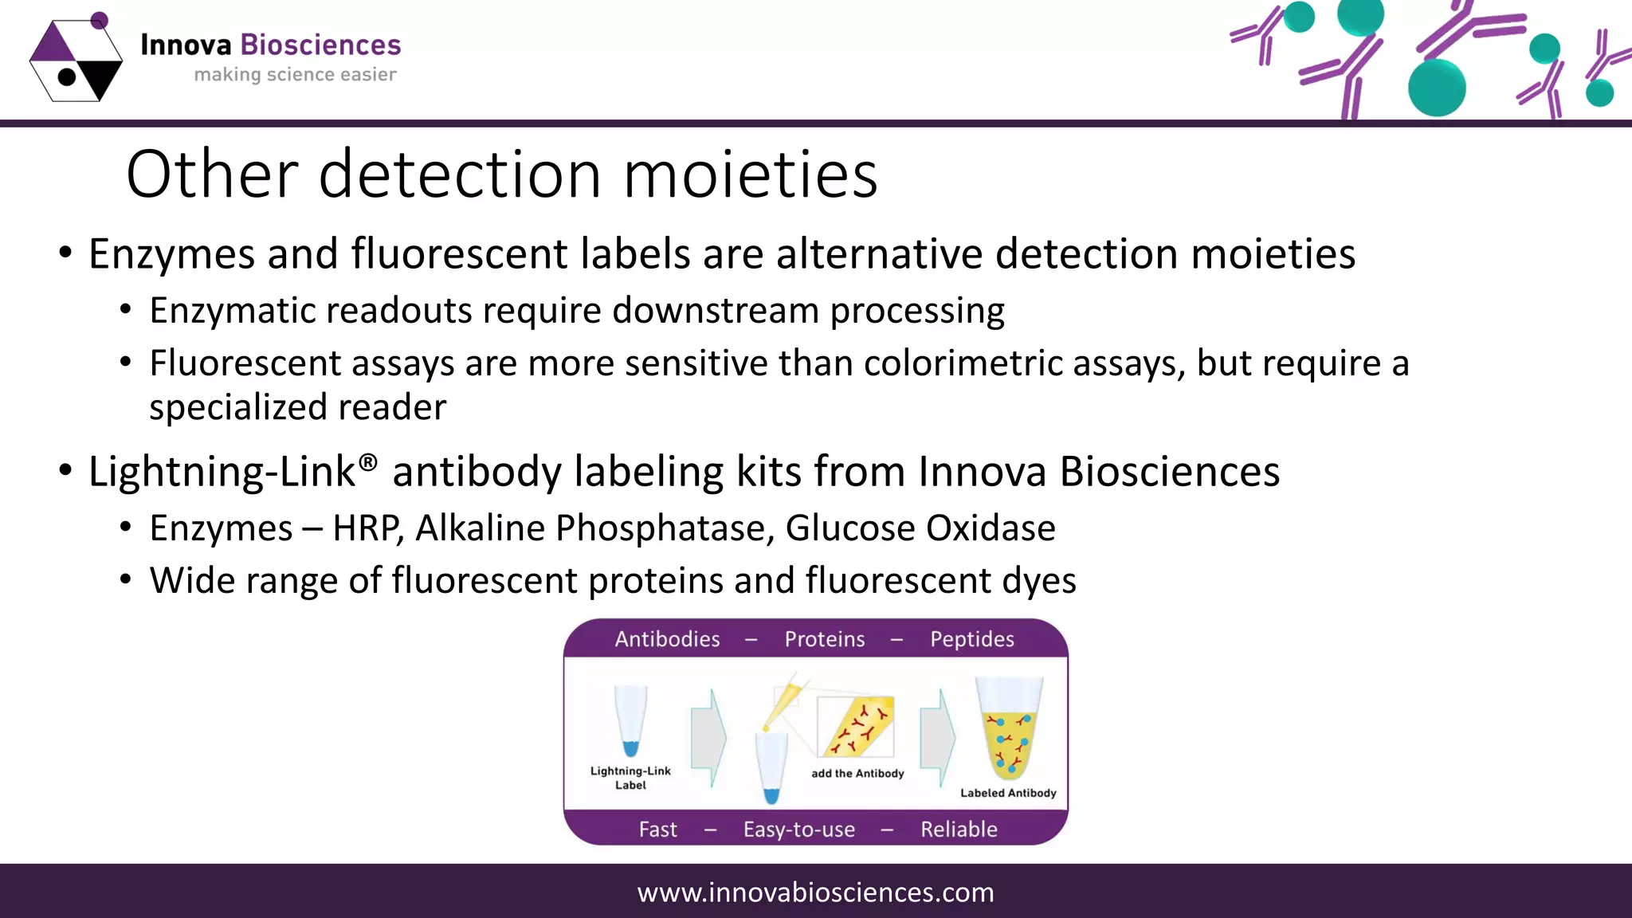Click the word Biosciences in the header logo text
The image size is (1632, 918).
pyautogui.click(x=320, y=45)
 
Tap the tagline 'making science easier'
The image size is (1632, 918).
pyautogui.click(x=295, y=75)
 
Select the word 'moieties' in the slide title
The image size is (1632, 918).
pyautogui.click(x=750, y=175)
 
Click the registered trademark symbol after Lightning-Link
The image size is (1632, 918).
pyautogui.click(x=367, y=462)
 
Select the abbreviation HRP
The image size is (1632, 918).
pyautogui.click(x=367, y=528)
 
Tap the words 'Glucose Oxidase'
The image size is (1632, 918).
pyautogui.click(x=920, y=528)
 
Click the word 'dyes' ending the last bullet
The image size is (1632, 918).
pyautogui.click(x=1038, y=581)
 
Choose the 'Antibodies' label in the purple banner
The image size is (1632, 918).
pyautogui.click(x=667, y=639)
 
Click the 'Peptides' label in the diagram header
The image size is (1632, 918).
pyautogui.click(x=971, y=639)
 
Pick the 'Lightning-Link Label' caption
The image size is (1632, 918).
pyautogui.click(x=630, y=778)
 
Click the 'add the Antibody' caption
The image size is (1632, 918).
pyautogui.click(x=857, y=774)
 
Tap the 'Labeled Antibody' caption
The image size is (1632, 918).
pyautogui.click(x=1008, y=793)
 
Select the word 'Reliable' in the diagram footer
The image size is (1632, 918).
pyautogui.click(x=959, y=830)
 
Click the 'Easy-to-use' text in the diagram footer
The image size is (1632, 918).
pyautogui.click(x=798, y=830)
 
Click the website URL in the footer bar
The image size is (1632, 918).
pyautogui.click(x=815, y=892)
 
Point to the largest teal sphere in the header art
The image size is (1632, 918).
pyautogui.click(x=1436, y=88)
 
